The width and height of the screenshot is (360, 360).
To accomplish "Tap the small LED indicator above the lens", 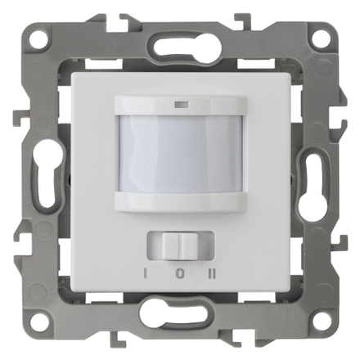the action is click(180, 104).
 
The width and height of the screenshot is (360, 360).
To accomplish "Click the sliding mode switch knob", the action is click(179, 245).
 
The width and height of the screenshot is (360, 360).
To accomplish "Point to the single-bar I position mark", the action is click(146, 274).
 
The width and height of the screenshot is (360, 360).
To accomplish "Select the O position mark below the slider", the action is click(179, 274).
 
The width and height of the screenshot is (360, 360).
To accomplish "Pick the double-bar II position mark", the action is click(212, 274).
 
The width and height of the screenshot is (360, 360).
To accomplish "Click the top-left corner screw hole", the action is click(40, 37).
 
